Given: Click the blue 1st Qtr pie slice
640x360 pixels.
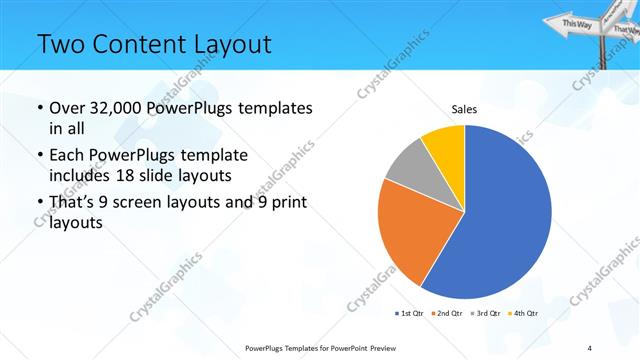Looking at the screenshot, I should [x=505, y=220].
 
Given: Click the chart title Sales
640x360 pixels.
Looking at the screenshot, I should [x=464, y=108].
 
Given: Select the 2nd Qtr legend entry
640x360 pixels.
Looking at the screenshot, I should [x=446, y=314].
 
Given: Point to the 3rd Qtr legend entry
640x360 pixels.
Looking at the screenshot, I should [x=485, y=314].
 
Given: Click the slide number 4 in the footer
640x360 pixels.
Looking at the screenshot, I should [x=591, y=348].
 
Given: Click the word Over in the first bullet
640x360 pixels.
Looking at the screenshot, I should [x=69, y=108].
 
